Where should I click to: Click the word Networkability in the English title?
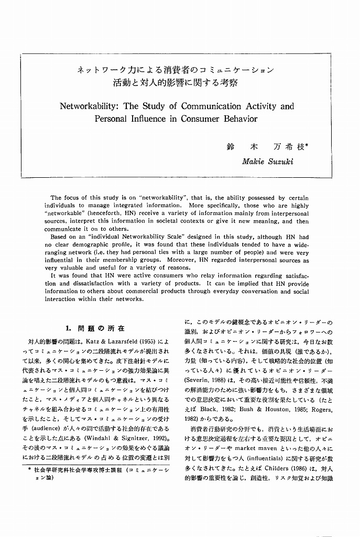pyautogui.click(x=89, y=106)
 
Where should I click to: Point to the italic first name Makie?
pyautogui.click(x=254, y=162)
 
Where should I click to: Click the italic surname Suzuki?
pyautogui.click(x=280, y=162)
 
